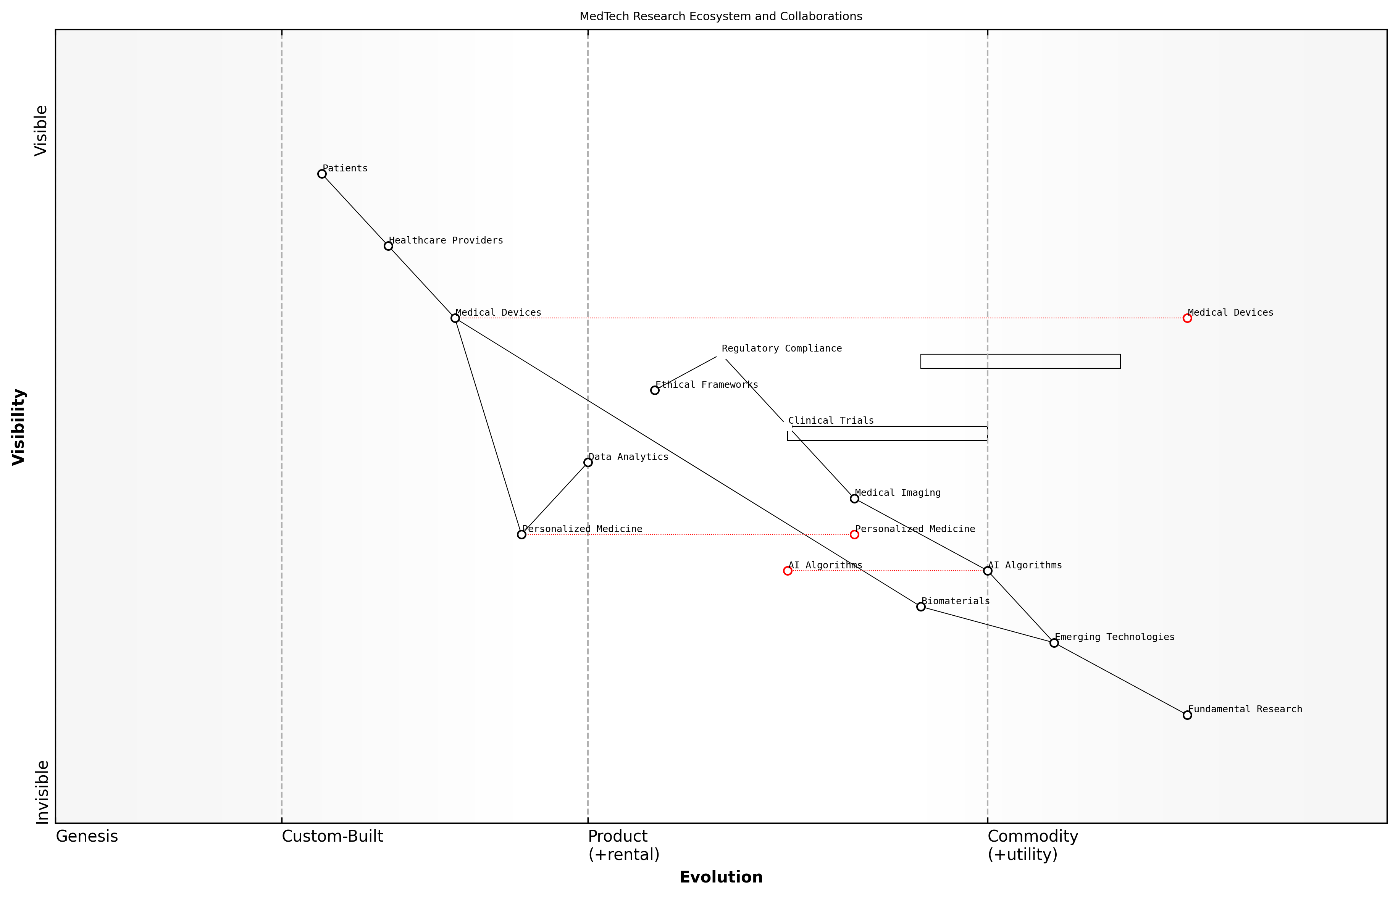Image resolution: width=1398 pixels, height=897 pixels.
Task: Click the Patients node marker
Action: [x=321, y=174]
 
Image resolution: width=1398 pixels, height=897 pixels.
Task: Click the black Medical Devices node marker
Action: [x=455, y=318]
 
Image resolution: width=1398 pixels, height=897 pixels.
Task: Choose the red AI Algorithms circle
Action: [x=788, y=571]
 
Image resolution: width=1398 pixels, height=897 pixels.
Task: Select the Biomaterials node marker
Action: [x=921, y=607]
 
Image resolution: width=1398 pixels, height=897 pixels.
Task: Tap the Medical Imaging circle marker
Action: [x=854, y=499]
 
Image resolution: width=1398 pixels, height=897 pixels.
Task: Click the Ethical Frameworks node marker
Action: [x=655, y=390]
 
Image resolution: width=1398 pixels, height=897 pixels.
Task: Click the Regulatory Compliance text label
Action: [x=782, y=348]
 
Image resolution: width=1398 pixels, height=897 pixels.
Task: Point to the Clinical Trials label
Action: [x=831, y=421]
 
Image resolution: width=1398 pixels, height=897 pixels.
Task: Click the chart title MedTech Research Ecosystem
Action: [x=720, y=16]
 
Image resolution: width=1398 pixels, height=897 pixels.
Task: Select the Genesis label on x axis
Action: [x=87, y=836]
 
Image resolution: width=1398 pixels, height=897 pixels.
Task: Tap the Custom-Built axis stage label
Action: [x=332, y=836]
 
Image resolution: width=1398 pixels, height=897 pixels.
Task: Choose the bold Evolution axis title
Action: [x=720, y=877]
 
